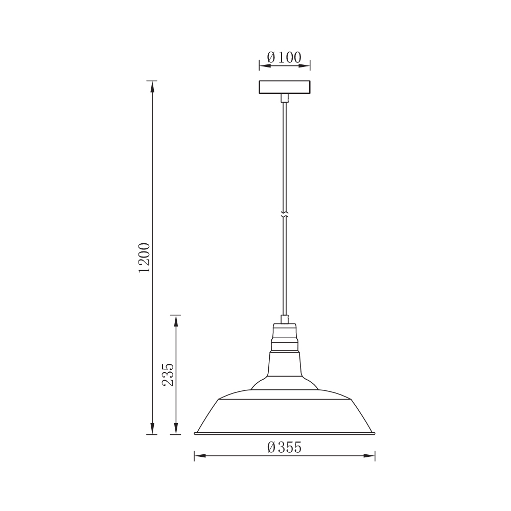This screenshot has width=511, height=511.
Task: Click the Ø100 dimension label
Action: click(284, 57)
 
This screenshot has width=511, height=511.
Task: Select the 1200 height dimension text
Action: click(144, 258)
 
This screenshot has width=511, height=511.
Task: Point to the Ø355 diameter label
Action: click(284, 447)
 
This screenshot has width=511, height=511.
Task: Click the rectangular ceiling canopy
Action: click(285, 87)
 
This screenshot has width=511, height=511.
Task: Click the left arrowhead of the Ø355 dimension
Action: click(199, 455)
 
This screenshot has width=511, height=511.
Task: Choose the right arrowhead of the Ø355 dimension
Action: click(370, 455)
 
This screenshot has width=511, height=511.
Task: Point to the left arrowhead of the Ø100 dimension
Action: click(263, 65)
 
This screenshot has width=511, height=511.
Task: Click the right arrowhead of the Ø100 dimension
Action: click(306, 65)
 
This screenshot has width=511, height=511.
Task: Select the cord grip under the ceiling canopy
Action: click(285, 98)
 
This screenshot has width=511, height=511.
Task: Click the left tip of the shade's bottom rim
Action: click(195, 433)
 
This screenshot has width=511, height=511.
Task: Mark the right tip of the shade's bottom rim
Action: click(374, 433)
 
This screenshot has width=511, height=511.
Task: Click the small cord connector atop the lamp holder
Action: click(285, 319)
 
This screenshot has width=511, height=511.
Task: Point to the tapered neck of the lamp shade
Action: click(285, 365)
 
